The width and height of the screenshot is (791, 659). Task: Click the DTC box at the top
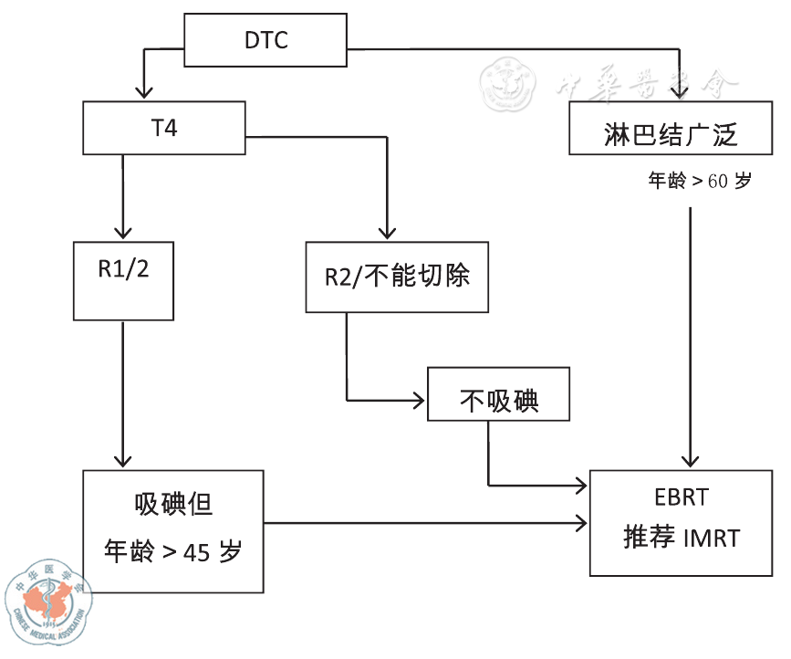tap(265, 39)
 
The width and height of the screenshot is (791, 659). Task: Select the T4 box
tap(164, 127)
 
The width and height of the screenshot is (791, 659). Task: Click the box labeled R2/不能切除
tap(397, 277)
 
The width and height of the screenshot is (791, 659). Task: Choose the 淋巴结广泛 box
tap(670, 135)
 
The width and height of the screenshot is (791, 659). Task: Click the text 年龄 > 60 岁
tap(699, 181)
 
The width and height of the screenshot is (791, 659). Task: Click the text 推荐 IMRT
tap(681, 538)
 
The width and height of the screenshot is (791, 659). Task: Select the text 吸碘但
tap(172, 506)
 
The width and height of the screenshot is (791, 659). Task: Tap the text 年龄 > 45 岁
tap(173, 550)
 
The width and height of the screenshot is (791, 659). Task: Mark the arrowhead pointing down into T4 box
tap(142, 92)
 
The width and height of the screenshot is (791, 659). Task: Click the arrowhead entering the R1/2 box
tap(123, 232)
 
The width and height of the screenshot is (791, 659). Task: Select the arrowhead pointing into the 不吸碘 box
tap(419, 400)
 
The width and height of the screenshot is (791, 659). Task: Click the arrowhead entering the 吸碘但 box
tap(123, 461)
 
